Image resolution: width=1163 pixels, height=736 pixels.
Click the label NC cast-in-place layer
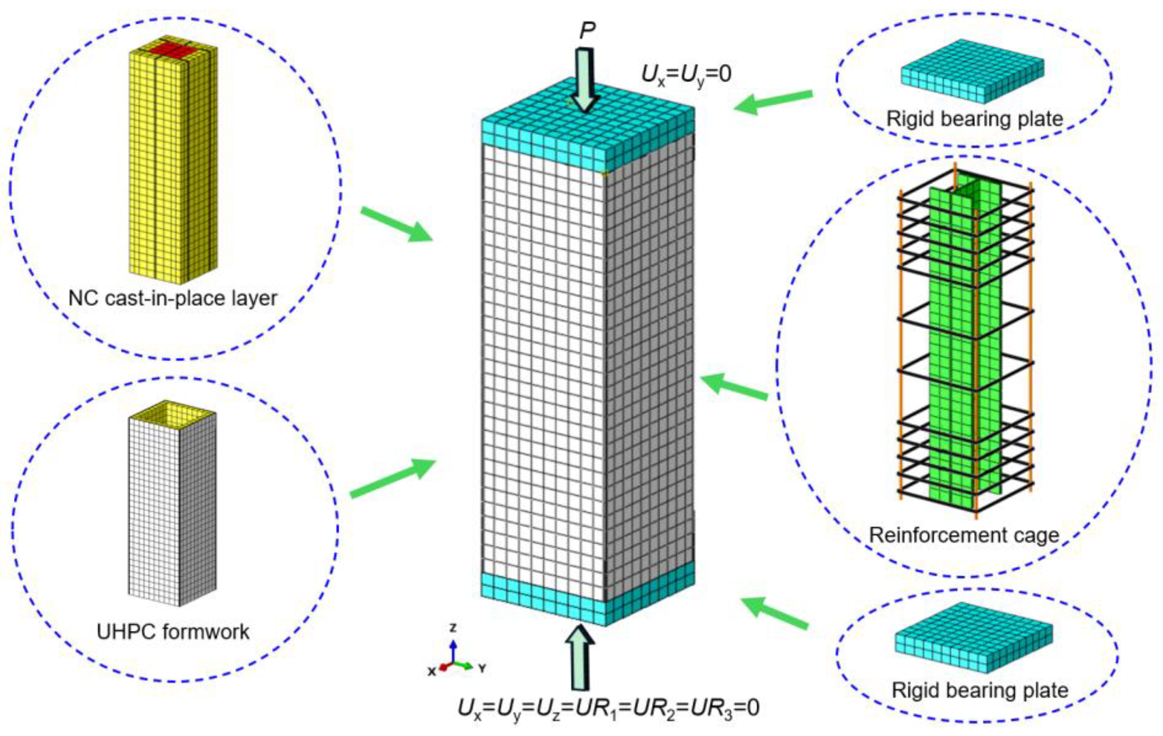[173, 298]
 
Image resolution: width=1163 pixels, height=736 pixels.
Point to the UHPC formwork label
[173, 632]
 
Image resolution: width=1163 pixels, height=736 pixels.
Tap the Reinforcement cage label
[964, 535]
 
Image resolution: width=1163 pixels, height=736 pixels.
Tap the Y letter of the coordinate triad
[481, 669]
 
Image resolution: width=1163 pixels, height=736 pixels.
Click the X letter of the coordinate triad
[431, 671]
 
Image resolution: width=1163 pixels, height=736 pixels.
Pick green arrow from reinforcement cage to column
[734, 388]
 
